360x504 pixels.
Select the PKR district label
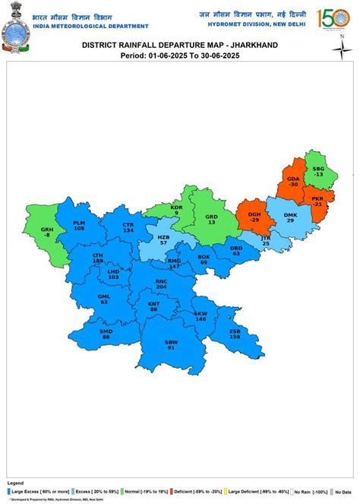[317, 201]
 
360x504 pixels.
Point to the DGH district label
[254, 216]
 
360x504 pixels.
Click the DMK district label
[290, 217]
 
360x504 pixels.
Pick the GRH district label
[47, 233]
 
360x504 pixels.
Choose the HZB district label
[163, 237]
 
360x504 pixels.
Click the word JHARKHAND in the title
[249, 46]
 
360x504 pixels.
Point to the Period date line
[179, 55]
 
